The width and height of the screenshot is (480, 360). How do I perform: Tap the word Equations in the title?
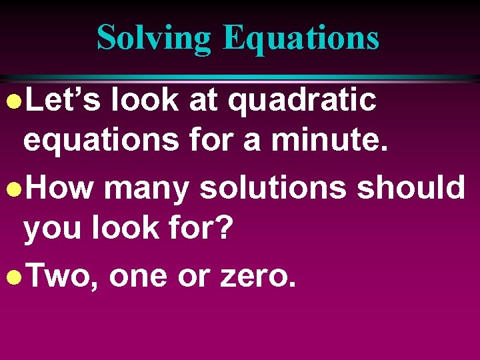pos(301,37)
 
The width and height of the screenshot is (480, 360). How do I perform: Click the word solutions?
pos(273,188)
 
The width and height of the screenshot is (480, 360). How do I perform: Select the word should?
pos(411,188)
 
